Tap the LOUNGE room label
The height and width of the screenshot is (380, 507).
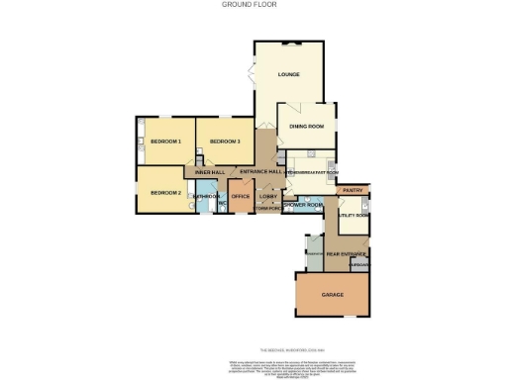[289, 74]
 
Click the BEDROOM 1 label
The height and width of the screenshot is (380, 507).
[165, 142]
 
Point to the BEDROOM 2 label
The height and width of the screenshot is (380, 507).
[165, 192]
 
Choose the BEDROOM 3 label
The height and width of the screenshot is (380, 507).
[226, 142]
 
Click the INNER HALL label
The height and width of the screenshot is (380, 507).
[210, 173]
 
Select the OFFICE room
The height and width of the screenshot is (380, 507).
[241, 196]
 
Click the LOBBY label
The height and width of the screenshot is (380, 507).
[267, 196]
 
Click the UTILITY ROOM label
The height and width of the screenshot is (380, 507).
[354, 215]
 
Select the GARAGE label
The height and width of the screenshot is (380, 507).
[332, 296]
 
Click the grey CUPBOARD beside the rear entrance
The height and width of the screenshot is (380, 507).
[360, 265]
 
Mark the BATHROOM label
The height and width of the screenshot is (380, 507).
[206, 196]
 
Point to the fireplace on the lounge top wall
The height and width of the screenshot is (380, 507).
[289, 44]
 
